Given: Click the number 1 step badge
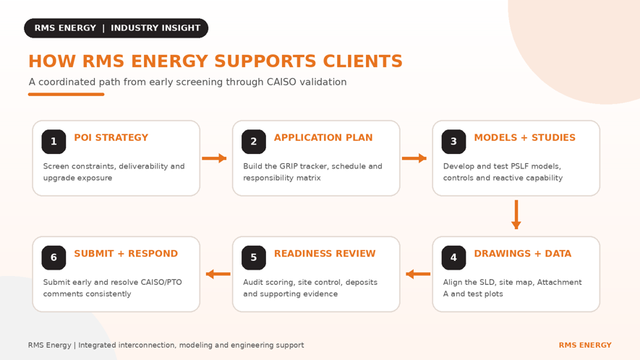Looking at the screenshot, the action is pyautogui.click(x=54, y=142).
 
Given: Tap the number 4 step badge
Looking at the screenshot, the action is pyautogui.click(x=453, y=257).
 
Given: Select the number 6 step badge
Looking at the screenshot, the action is pyautogui.click(x=54, y=257).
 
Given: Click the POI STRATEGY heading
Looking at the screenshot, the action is pyautogui.click(x=111, y=137).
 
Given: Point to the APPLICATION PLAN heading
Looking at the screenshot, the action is pyautogui.click(x=323, y=137).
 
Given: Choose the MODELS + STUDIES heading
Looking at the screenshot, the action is pyautogui.click(x=524, y=137).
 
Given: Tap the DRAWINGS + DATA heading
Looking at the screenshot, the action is pyautogui.click(x=522, y=254).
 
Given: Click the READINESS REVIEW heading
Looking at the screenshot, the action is pyautogui.click(x=325, y=254).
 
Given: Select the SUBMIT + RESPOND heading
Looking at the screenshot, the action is pyautogui.click(x=126, y=254).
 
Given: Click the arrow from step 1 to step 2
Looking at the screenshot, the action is pyautogui.click(x=214, y=158).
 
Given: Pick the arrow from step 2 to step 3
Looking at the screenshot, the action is pyautogui.click(x=414, y=158).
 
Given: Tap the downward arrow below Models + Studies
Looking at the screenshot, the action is pyautogui.click(x=516, y=215).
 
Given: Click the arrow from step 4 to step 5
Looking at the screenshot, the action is pyautogui.click(x=418, y=274).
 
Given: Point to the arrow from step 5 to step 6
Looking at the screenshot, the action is pyautogui.click(x=218, y=274).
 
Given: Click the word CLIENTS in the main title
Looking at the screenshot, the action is pyautogui.click(x=363, y=61).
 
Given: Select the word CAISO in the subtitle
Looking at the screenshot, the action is pyautogui.click(x=281, y=82).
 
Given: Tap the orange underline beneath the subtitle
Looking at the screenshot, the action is pyautogui.click(x=66, y=94).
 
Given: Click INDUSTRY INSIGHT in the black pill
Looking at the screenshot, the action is pyautogui.click(x=155, y=28).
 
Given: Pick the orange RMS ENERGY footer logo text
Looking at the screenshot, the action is pyautogui.click(x=585, y=346).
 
